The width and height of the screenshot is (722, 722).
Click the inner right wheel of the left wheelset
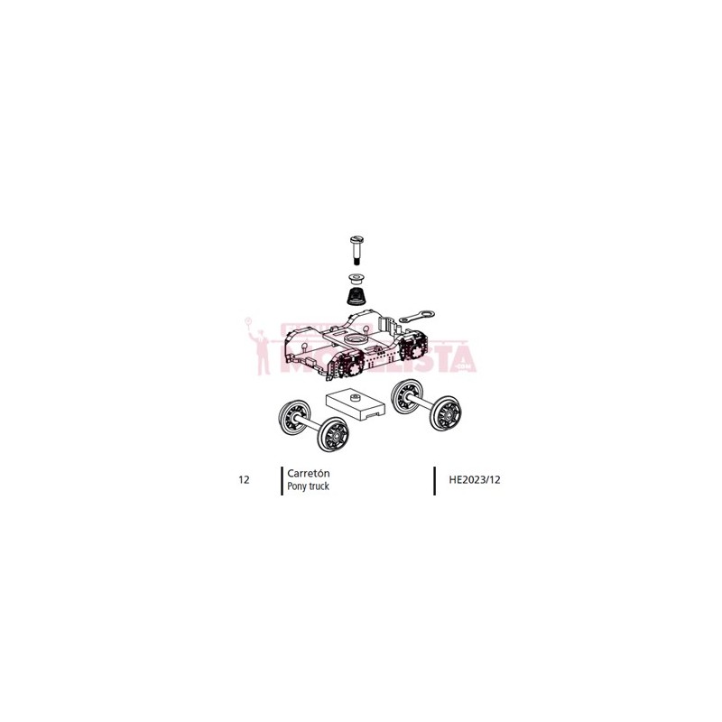point(333,436)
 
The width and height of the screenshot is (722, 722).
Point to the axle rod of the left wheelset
point(312,427)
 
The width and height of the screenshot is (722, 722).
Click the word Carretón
point(308,473)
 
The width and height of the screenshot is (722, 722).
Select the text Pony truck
point(308,486)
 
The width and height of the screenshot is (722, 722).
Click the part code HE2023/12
point(474,479)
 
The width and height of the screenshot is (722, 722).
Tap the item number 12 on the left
point(244,479)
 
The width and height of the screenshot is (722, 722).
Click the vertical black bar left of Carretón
point(282,479)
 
